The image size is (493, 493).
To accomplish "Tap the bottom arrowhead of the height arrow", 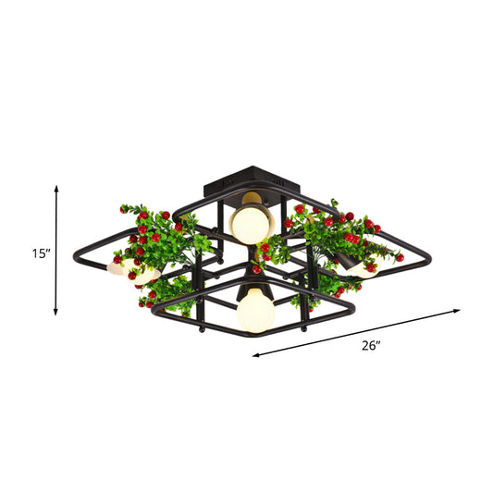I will tap(56, 312).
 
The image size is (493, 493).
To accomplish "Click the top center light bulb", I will tap(247, 224).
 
